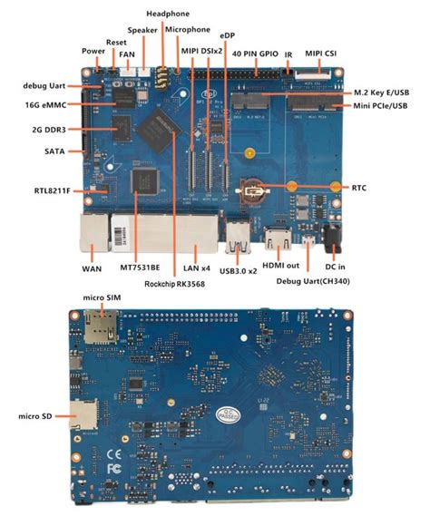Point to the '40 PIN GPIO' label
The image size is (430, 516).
pyautogui.click(x=257, y=54)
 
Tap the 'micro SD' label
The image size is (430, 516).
pyautogui.click(x=33, y=416)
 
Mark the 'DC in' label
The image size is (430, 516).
pyautogui.click(x=337, y=267)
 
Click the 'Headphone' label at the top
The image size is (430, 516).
pyautogui.click(x=167, y=14)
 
